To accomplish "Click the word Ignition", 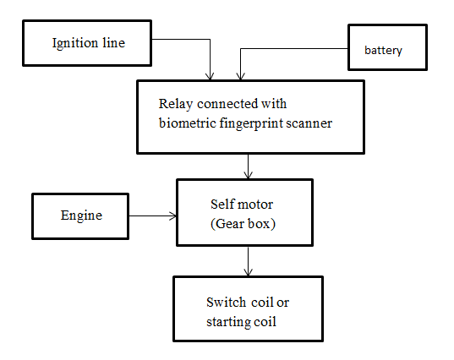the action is click(x=75, y=44).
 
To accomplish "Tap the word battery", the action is click(x=383, y=51).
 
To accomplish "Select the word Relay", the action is click(x=176, y=105).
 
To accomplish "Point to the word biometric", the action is click(x=188, y=123).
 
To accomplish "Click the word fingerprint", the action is click(x=251, y=124).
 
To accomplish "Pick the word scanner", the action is click(x=309, y=124).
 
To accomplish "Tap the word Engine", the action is click(x=81, y=215).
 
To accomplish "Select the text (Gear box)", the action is click(x=243, y=224).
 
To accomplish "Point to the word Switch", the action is click(x=226, y=303).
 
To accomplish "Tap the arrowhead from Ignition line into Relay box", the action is click(x=210, y=76).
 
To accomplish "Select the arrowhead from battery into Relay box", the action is click(x=241, y=76).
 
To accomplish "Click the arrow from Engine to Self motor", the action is click(x=152, y=215).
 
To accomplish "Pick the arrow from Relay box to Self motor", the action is click(x=249, y=166).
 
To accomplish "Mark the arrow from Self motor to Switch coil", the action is click(x=249, y=261).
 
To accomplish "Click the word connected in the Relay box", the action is click(x=227, y=104).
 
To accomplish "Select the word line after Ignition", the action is click(x=114, y=43).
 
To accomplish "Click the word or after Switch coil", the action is click(x=283, y=303).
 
